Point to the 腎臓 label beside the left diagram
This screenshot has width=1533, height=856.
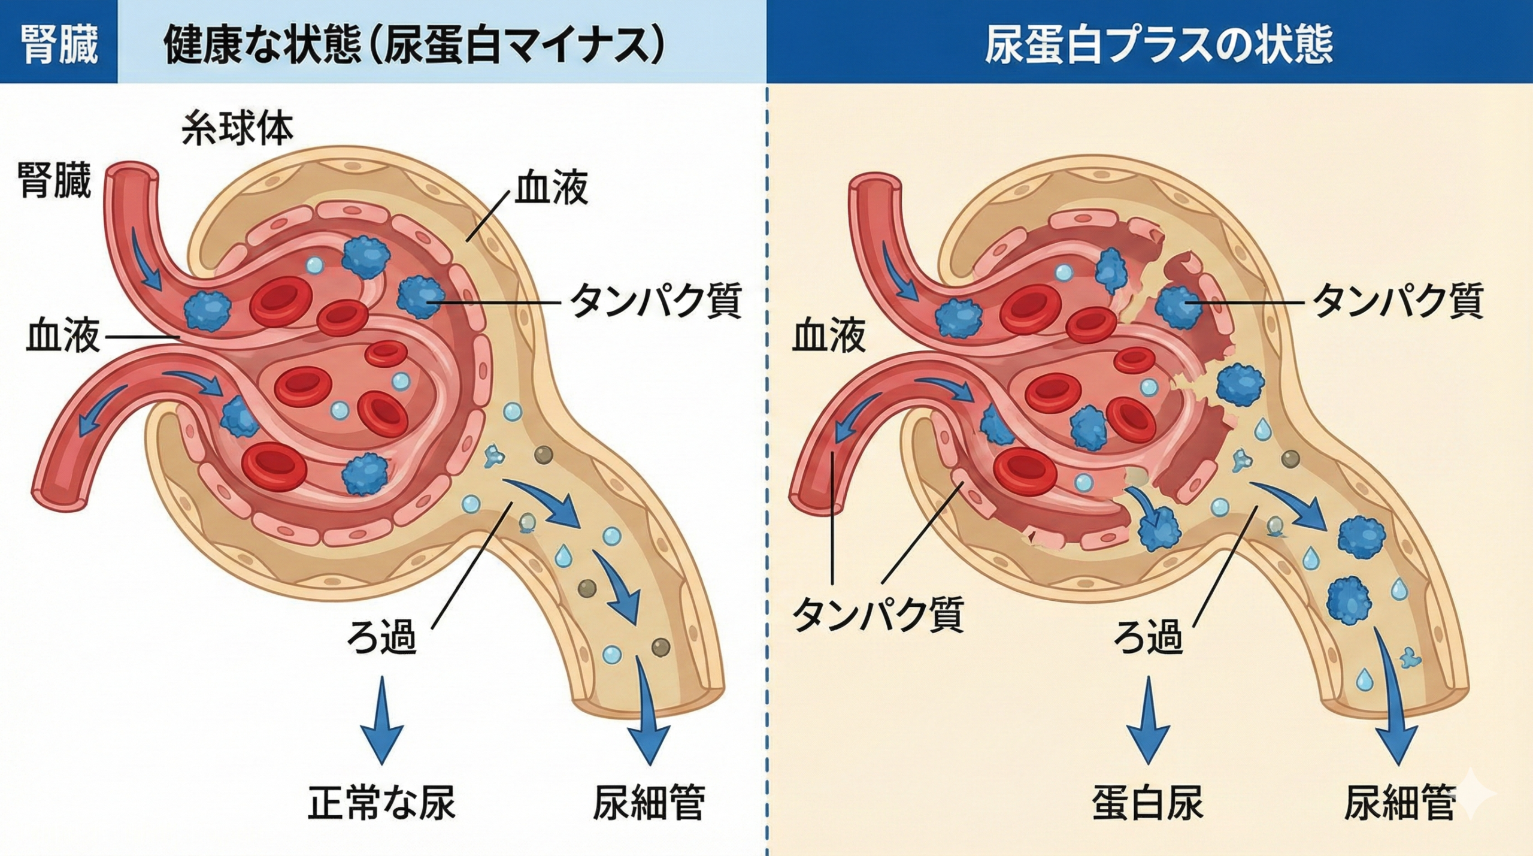[x=54, y=179]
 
